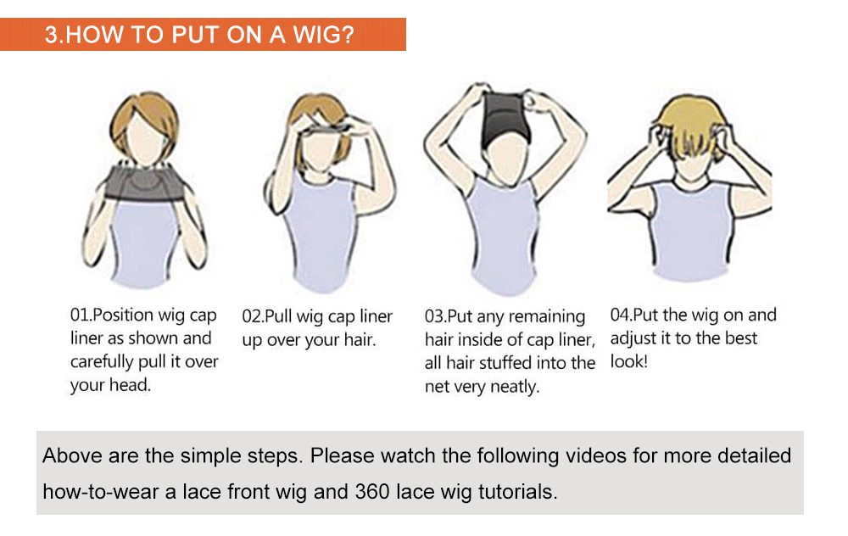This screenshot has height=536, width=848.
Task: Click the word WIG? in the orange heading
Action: point(323,35)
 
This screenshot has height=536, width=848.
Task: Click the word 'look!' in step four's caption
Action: point(629,361)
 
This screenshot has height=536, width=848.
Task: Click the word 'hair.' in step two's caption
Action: point(360,340)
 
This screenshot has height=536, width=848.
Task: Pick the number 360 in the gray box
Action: point(372,492)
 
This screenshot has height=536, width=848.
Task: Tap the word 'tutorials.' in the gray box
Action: point(517,492)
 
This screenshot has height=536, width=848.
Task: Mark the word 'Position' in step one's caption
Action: point(123,315)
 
